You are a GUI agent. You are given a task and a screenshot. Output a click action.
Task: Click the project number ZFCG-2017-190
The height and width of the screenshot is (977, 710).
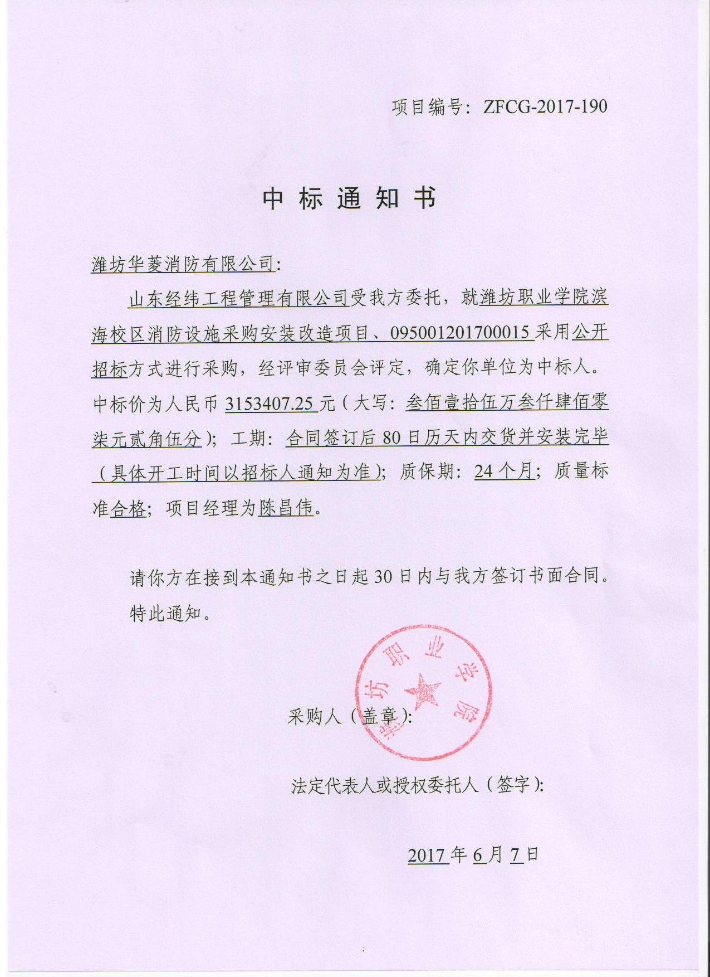click(545, 106)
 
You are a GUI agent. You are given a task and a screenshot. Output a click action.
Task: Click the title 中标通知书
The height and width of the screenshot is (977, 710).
click(350, 198)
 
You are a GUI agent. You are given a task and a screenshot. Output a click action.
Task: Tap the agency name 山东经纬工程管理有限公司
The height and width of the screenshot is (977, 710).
click(238, 299)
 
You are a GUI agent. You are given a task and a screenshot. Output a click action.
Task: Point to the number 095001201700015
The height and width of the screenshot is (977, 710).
click(460, 333)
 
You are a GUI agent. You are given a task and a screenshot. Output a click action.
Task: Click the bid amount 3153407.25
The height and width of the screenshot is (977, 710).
click(270, 403)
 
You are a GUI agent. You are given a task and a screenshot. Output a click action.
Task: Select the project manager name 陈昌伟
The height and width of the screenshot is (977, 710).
click(286, 508)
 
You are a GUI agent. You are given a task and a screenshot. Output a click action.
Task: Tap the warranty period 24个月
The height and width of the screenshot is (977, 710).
click(504, 472)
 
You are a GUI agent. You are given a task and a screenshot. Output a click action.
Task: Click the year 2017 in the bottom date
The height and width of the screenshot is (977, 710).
click(427, 855)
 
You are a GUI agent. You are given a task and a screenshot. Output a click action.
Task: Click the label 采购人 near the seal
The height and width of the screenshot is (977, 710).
click(315, 716)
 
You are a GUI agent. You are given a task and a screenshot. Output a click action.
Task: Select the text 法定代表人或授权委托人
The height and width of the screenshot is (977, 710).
click(385, 785)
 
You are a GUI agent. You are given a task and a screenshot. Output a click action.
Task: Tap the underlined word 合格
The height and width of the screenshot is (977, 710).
click(128, 508)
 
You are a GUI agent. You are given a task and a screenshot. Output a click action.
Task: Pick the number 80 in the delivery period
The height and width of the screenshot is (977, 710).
click(391, 438)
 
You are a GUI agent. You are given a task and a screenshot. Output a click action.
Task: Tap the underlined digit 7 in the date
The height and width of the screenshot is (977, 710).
click(516, 855)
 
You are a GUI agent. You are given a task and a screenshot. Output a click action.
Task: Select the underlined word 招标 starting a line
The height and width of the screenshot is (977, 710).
click(110, 368)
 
